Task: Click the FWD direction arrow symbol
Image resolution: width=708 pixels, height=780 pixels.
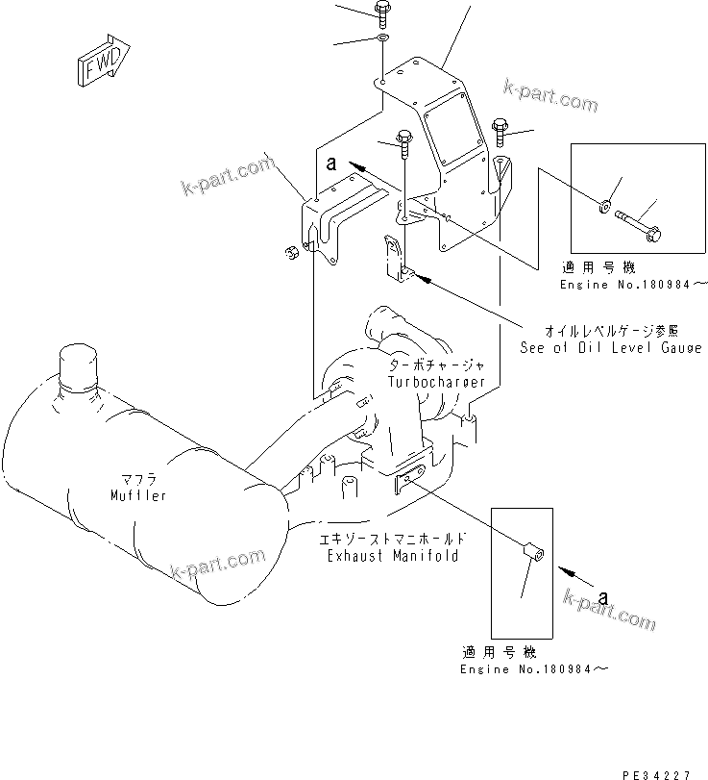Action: [x=98, y=64]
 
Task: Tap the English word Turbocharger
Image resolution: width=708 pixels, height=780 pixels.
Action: [x=436, y=382]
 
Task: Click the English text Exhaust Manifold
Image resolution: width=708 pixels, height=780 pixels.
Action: [x=393, y=556]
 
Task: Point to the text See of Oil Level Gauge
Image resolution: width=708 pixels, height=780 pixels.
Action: [x=611, y=347]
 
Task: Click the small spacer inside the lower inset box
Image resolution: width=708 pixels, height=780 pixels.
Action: [x=531, y=555]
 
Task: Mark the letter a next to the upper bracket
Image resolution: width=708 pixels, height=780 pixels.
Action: [x=330, y=164]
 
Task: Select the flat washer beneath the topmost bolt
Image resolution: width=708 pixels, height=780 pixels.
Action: [x=382, y=39]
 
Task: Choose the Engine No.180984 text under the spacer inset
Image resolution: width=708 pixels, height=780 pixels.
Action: [x=533, y=668]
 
